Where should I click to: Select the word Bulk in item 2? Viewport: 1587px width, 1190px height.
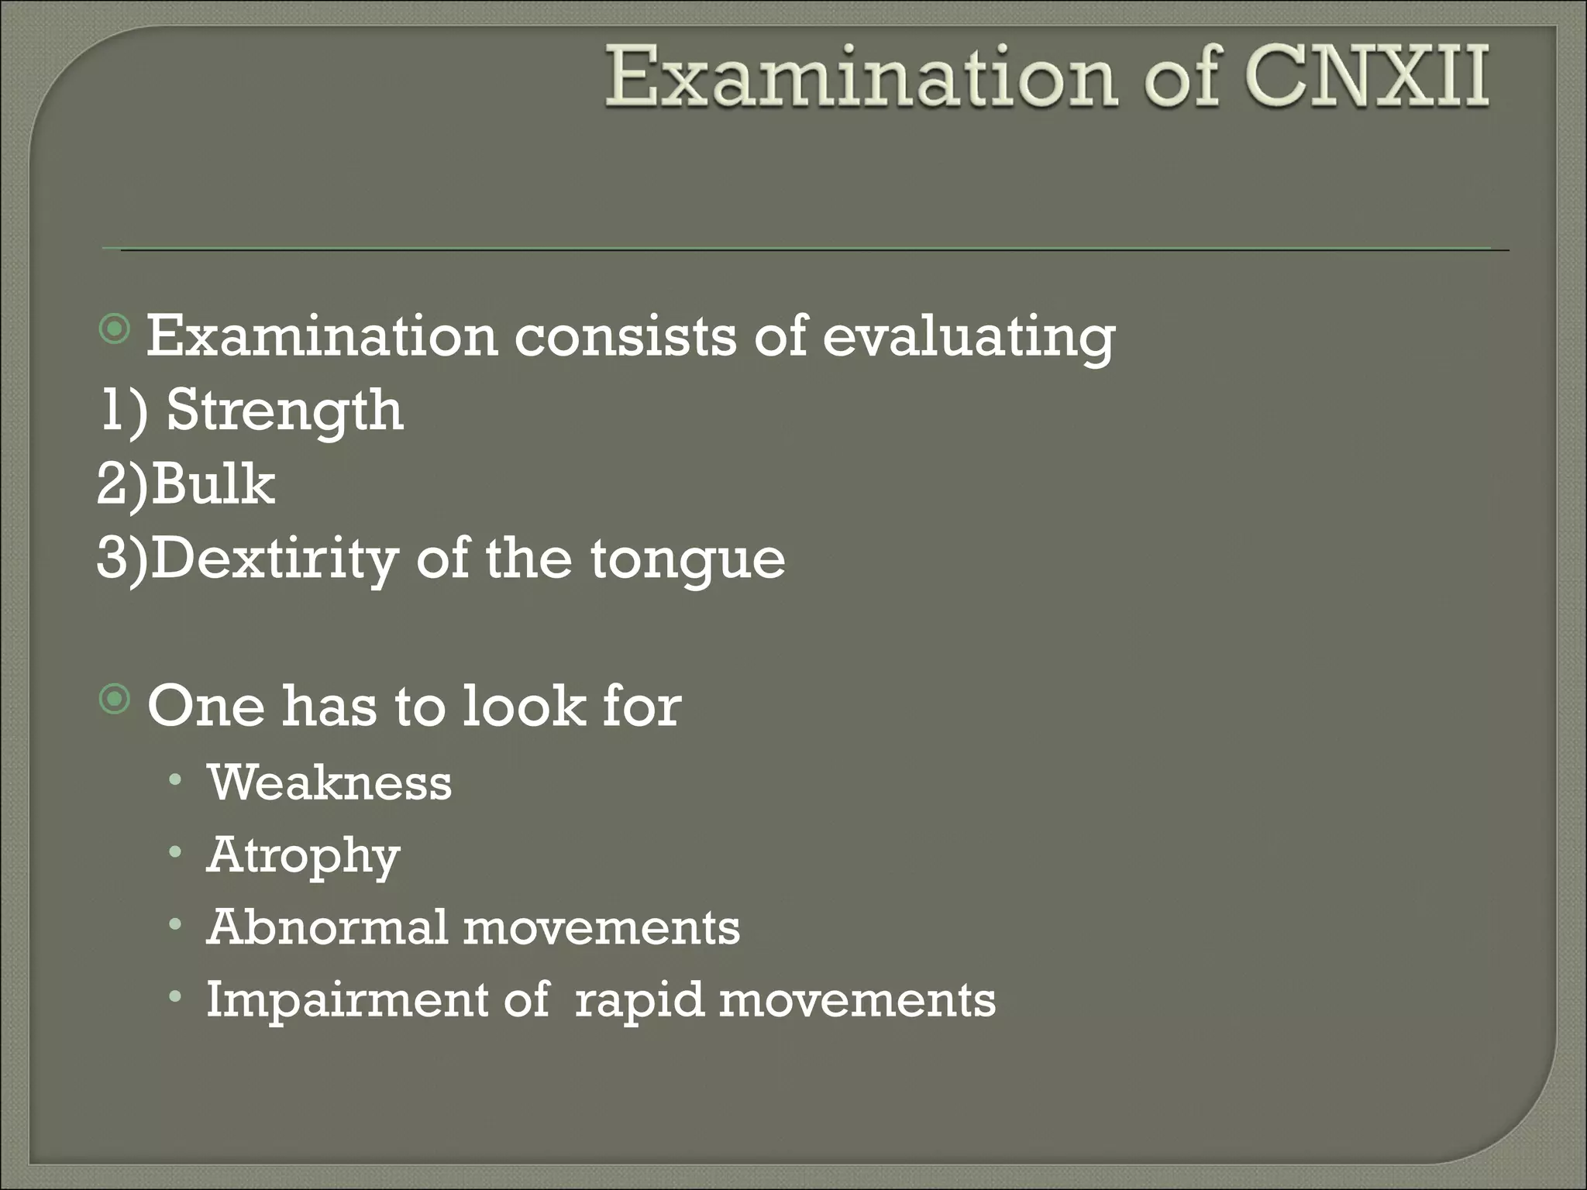pos(213,485)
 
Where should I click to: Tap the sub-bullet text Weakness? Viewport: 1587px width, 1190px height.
pos(329,783)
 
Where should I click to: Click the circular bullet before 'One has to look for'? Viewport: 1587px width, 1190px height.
pos(115,701)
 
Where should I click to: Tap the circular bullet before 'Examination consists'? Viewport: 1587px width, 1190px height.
pos(115,332)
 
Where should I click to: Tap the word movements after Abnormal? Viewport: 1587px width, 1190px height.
pos(601,928)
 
